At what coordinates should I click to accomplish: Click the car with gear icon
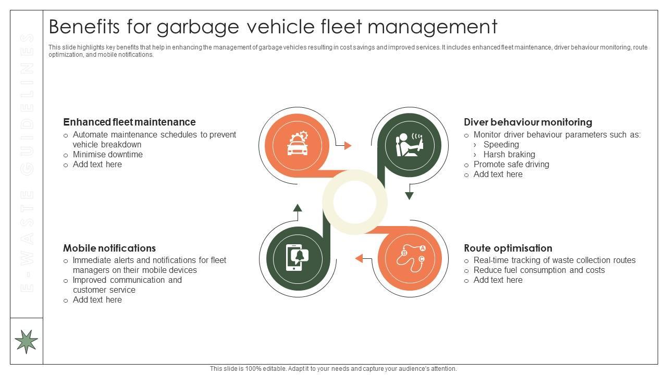298,144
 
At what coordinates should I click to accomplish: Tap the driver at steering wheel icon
409,145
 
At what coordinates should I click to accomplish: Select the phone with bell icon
298,257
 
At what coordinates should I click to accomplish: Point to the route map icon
410,257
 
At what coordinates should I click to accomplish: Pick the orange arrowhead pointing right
348,146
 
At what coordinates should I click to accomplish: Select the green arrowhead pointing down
410,196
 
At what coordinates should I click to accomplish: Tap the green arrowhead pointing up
298,208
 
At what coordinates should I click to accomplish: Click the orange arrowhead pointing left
359,258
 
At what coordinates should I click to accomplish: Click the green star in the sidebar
26,341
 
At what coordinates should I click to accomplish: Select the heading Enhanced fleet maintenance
129,122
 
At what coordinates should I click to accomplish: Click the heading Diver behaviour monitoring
528,122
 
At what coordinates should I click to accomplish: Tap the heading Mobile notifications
109,248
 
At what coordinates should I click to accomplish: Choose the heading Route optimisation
508,248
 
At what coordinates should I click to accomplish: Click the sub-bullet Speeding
501,144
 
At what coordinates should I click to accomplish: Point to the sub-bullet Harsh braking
509,154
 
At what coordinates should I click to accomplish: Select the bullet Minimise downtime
107,154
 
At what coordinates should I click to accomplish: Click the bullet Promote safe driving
511,164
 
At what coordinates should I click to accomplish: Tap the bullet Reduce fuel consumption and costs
539,270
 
